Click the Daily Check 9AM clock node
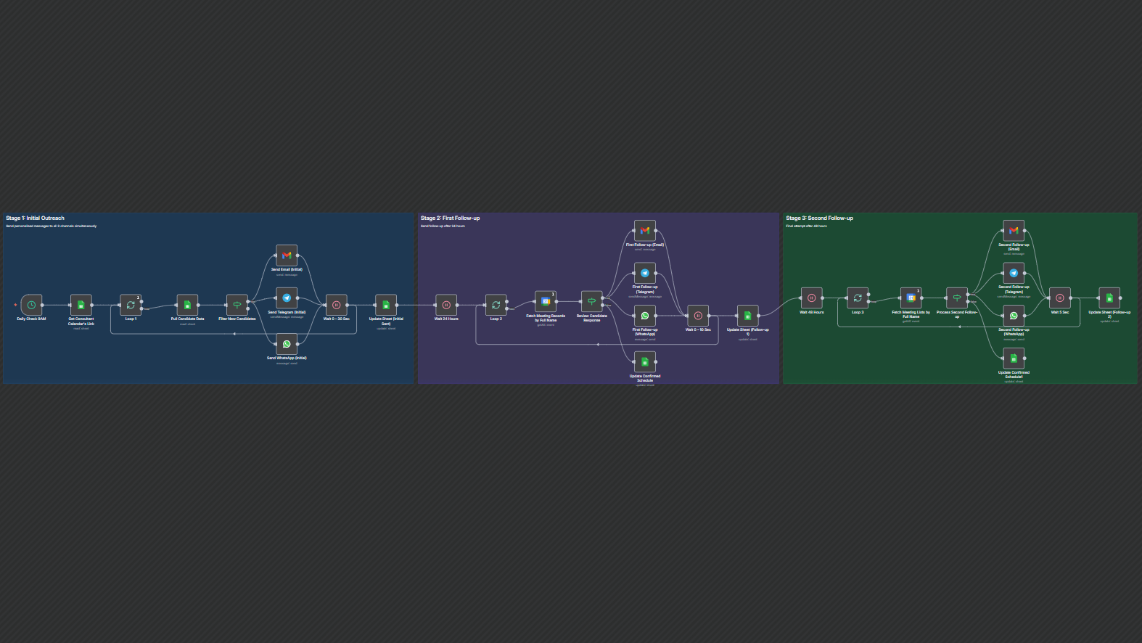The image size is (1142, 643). point(31,305)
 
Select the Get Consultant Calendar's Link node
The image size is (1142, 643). point(81,305)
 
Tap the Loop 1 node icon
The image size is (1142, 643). point(131,305)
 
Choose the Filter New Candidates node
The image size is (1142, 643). point(237,305)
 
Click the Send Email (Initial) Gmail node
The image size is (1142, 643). point(287,255)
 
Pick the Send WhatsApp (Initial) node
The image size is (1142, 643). point(287,344)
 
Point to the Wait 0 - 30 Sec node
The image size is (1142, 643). point(336,305)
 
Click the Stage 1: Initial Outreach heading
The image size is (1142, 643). point(35,218)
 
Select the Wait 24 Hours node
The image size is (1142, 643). point(446,305)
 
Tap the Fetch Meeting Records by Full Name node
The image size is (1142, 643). point(546,301)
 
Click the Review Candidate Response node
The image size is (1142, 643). point(591,301)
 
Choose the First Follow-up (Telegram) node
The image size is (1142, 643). point(645,273)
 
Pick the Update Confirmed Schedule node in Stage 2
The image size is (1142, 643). point(645,361)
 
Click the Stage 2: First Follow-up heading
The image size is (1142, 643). point(450,218)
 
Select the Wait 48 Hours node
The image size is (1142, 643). point(811,298)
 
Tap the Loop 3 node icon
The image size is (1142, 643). point(858,298)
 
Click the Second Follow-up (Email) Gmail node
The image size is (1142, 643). point(1014,230)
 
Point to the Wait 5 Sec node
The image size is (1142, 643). point(1060,298)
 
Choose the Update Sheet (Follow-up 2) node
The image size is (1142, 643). point(1109,298)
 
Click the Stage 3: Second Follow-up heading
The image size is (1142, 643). point(819,218)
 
